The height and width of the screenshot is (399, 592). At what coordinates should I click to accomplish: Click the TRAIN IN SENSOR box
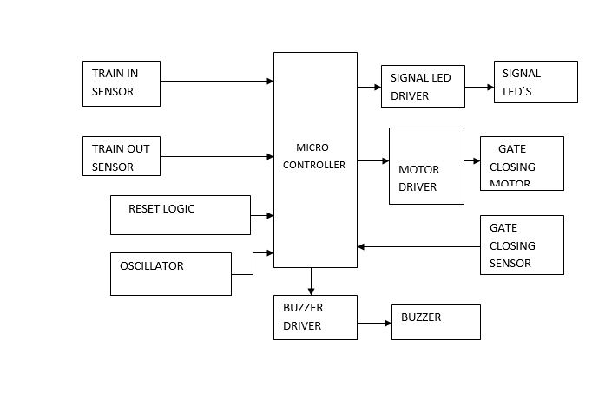121,83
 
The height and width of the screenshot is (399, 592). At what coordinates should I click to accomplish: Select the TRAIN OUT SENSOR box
121,156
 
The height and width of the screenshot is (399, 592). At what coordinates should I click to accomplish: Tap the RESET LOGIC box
180,214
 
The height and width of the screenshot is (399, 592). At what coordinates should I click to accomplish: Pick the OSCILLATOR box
170,273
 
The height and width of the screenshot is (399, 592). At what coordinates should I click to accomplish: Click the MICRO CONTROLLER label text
314,156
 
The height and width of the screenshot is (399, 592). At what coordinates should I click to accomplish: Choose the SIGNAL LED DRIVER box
422,87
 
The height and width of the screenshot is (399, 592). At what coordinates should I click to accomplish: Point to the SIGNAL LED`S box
535,82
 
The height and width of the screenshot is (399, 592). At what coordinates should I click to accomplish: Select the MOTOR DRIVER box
426,166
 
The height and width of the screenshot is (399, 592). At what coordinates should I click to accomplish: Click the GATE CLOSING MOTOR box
522,163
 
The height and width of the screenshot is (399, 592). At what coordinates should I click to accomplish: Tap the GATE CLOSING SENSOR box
522,245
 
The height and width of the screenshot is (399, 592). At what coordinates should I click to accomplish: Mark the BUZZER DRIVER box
315,317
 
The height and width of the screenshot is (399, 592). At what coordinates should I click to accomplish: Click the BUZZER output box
436,322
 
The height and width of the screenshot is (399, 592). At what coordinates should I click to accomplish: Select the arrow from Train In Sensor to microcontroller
217,82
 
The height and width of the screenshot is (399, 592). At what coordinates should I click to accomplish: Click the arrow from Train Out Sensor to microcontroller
217,156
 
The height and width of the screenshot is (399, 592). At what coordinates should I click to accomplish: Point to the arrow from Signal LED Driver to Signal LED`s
479,87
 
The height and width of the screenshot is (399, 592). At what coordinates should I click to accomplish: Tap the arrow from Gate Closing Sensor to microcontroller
418,246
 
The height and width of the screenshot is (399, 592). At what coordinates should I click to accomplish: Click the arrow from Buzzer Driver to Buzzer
374,324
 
